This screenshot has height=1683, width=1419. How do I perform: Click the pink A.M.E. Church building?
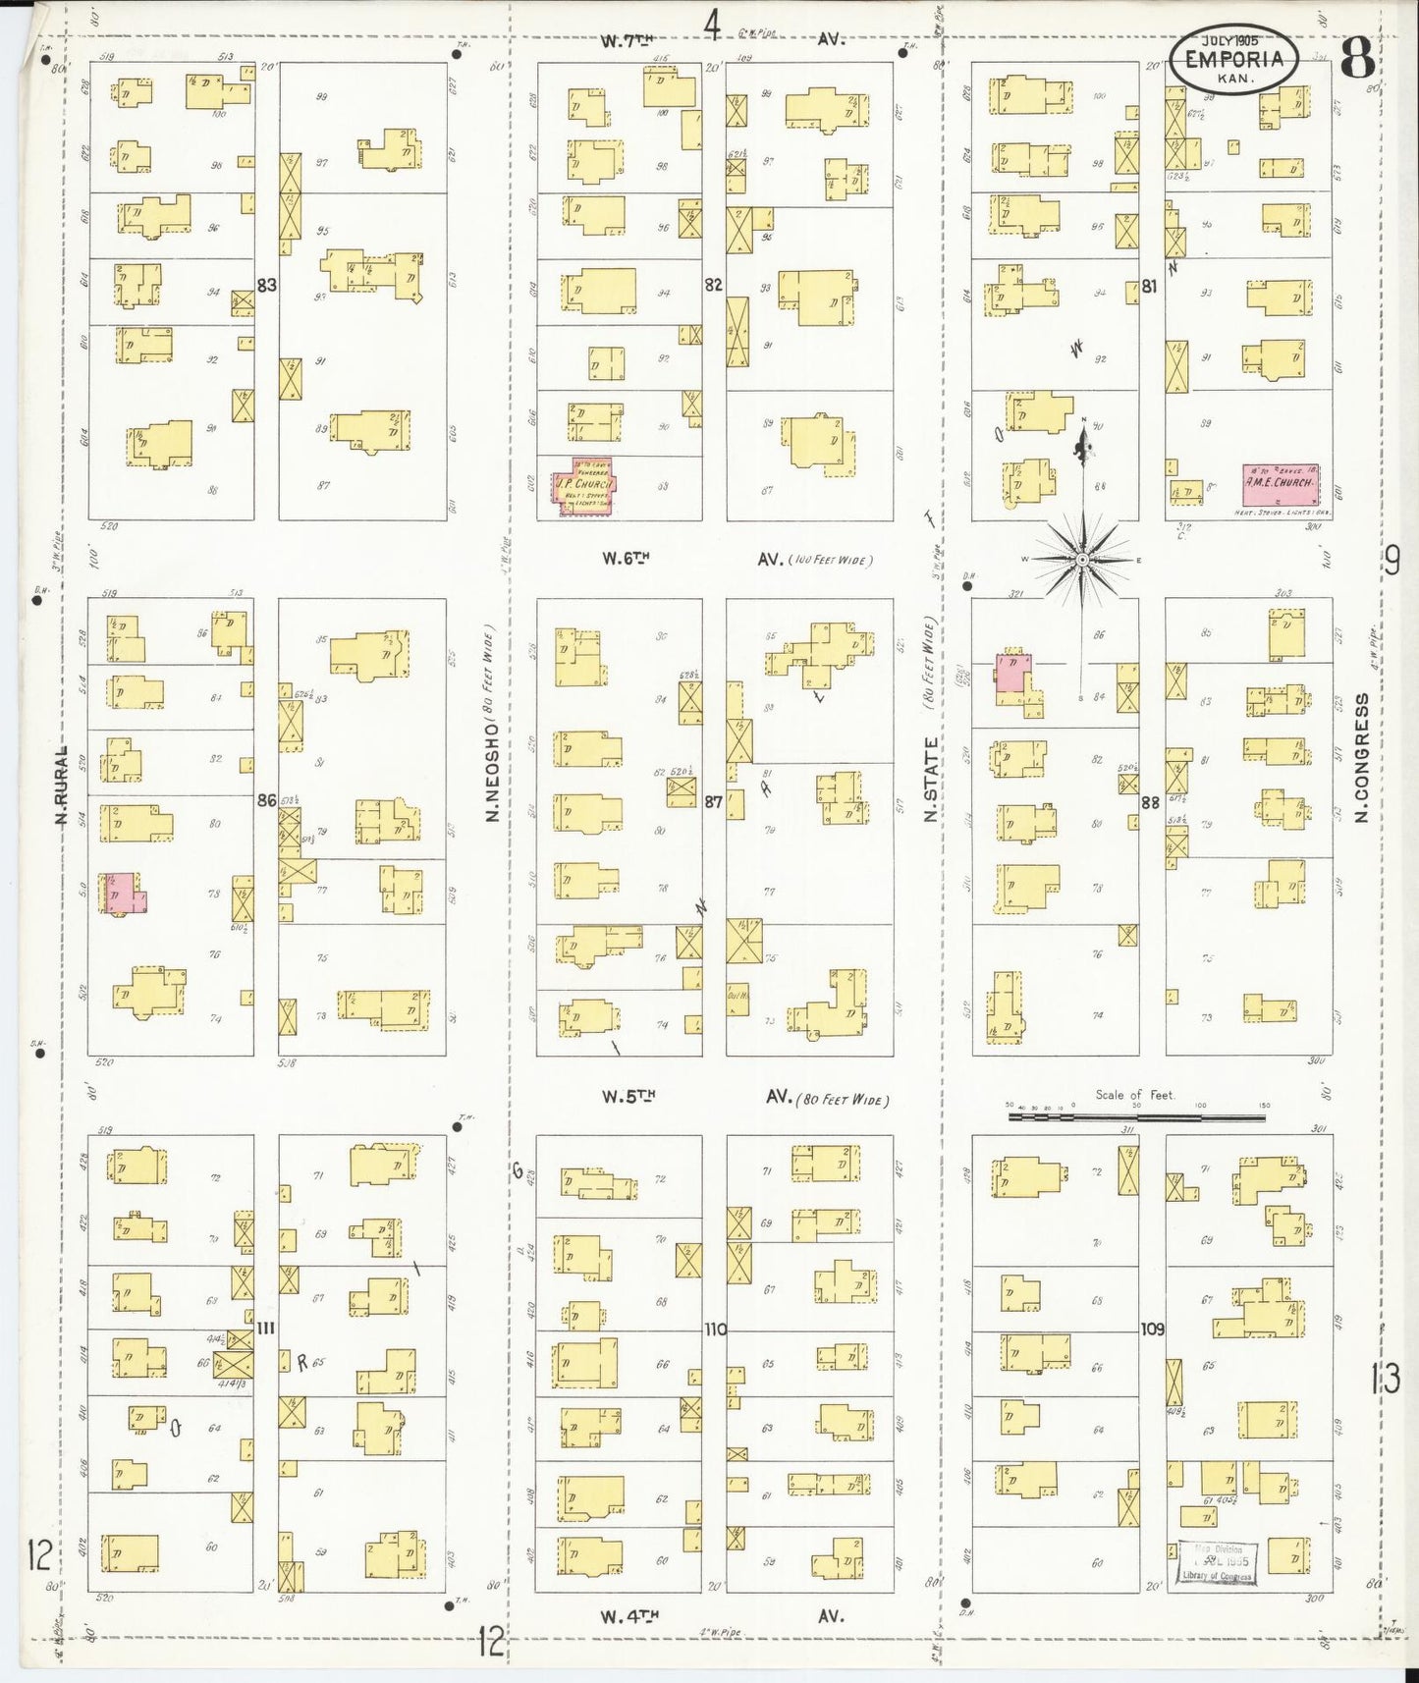1279,485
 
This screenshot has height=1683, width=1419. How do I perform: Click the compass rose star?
1081,560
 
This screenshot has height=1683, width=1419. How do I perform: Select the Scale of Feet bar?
1136,1115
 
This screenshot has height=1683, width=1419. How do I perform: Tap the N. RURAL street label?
61,787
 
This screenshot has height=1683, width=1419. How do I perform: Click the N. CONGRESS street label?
1360,758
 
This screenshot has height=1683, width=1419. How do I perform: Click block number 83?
266,286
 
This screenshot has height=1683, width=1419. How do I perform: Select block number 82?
714,286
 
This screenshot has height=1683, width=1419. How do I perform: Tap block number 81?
1151,287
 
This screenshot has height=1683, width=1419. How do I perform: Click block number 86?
266,800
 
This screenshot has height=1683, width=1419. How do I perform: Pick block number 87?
714,801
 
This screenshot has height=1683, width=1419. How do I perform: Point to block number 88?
1151,802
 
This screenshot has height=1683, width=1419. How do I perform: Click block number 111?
265,1329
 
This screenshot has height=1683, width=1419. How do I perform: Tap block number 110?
714,1330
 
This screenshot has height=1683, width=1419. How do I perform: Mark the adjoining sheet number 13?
1386,1380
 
